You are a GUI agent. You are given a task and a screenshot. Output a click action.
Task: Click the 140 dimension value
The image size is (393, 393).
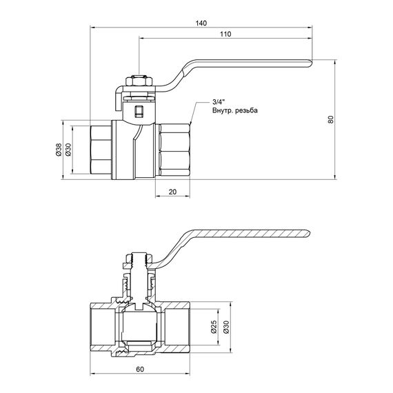pos(201,23)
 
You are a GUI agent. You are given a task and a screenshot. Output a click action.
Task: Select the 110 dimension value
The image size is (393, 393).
pos(225,34)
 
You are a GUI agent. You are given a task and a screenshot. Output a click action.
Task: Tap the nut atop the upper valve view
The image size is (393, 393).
pos(139,83)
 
